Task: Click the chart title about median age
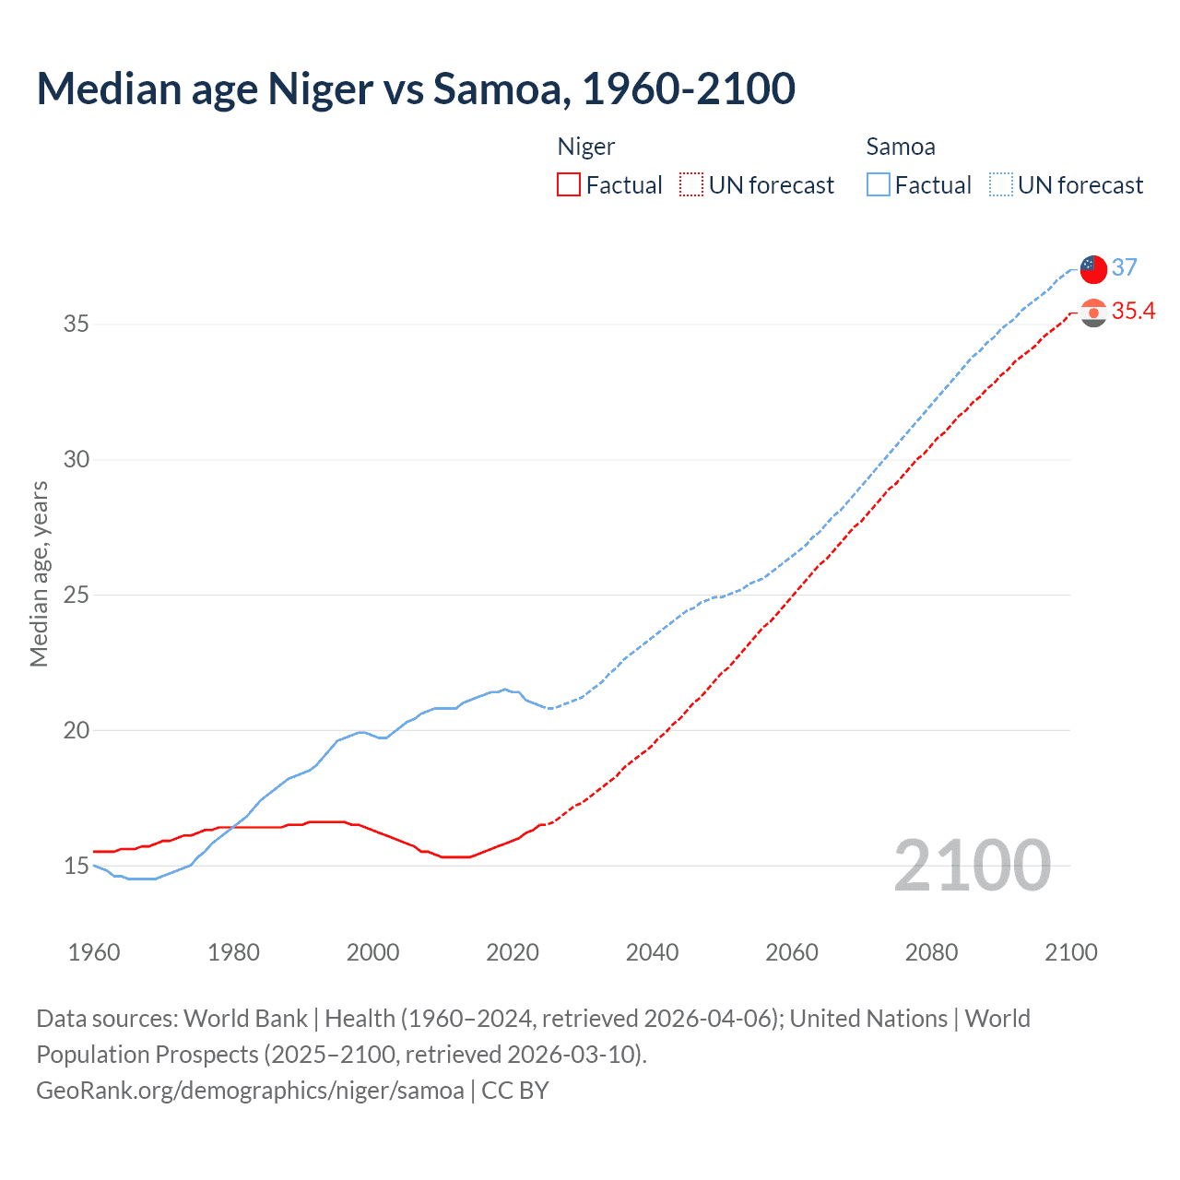(416, 89)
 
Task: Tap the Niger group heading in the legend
(586, 147)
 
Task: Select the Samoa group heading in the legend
(901, 147)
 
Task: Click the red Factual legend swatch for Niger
(569, 184)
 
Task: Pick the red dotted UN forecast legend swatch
(691, 184)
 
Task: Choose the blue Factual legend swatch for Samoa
(879, 184)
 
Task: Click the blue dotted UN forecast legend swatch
(1001, 184)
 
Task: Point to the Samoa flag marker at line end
(1093, 269)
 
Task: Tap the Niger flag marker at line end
(1093, 313)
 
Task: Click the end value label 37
(1125, 267)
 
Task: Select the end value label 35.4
(1133, 312)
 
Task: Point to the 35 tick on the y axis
(77, 324)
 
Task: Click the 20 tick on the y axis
(77, 730)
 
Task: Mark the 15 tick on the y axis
(77, 866)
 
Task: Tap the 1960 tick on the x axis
(94, 952)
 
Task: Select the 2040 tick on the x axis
(653, 952)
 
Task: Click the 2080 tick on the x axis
(931, 952)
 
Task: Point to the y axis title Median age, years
(39, 573)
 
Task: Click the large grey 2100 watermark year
(973, 866)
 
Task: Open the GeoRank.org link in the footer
(250, 1091)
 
